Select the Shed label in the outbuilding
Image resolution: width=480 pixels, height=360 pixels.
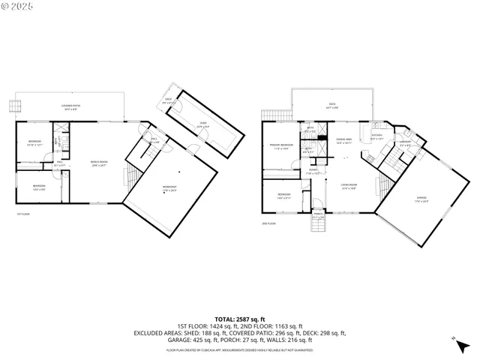point(202,126)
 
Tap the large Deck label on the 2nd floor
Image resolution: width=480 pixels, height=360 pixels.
point(331,106)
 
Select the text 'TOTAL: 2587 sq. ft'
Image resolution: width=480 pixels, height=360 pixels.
point(240,319)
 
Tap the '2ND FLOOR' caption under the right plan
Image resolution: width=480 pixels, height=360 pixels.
point(269,223)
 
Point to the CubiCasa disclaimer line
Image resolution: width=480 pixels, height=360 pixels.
point(240,350)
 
